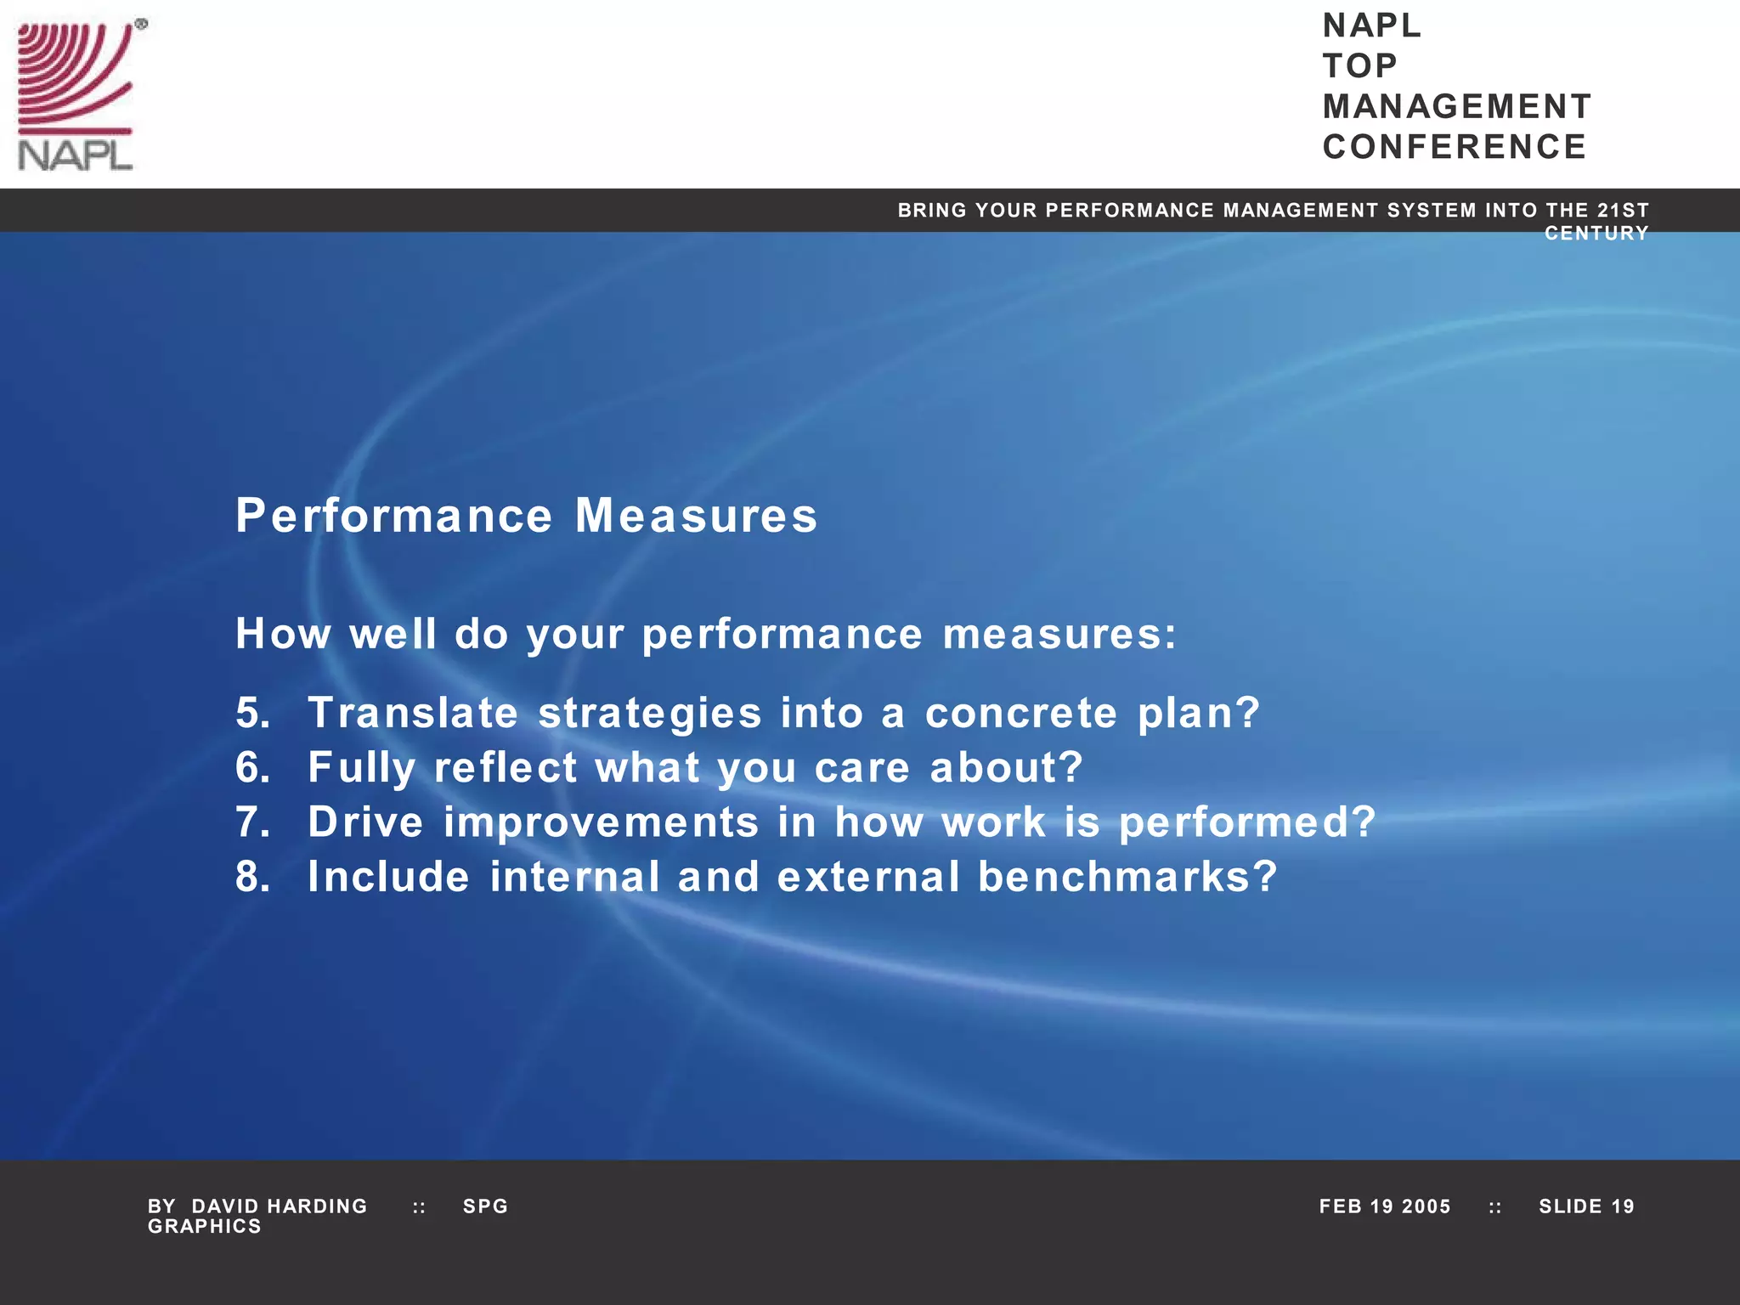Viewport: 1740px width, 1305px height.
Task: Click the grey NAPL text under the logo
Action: coord(75,156)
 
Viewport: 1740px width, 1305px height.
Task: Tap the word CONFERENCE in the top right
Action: coord(1454,147)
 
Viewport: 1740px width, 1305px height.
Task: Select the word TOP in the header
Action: coord(1359,66)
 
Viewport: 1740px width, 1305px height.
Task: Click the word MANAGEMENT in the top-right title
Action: coord(1456,107)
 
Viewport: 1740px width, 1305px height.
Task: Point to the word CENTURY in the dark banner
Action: coord(1596,234)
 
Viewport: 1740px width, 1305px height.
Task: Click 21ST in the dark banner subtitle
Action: coord(1623,210)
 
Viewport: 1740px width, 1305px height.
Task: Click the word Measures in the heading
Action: coord(696,516)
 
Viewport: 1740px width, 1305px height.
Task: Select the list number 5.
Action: coord(252,713)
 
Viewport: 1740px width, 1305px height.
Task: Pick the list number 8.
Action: coord(252,877)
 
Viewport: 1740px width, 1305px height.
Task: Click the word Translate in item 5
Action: coord(413,713)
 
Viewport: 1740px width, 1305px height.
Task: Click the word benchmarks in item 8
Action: coord(1127,877)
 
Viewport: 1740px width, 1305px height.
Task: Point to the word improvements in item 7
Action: coord(601,822)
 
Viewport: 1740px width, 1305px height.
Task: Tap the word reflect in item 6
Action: coord(506,767)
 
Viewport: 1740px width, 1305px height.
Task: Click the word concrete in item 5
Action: coord(1020,713)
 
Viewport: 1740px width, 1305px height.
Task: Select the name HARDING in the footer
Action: coord(317,1206)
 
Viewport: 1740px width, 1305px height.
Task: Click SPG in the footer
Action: coord(485,1206)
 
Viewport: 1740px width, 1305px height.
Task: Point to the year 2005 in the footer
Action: coord(1426,1206)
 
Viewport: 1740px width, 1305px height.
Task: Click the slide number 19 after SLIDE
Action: coord(1622,1206)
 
